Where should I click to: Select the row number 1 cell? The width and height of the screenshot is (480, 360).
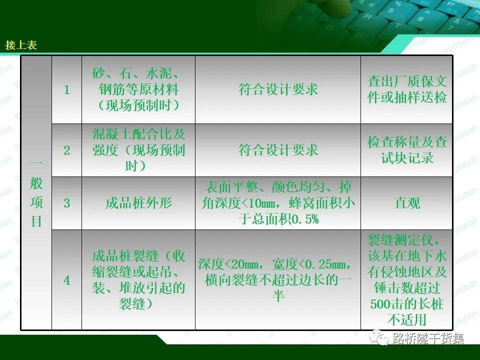point(66,89)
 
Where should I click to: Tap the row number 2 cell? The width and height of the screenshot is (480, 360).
point(66,150)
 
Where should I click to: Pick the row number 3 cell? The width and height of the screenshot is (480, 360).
point(66,203)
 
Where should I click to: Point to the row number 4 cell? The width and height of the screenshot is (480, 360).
point(66,280)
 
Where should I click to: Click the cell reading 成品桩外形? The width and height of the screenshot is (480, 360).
point(138,203)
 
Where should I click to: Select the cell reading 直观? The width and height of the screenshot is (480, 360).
point(407,203)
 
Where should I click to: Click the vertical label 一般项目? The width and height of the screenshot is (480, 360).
point(36,193)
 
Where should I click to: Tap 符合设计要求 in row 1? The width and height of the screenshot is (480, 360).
point(278,89)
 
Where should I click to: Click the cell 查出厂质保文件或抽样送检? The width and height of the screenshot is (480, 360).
point(407,89)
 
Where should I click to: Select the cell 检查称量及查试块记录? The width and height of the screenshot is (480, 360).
point(407,150)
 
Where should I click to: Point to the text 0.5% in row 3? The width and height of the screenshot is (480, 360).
point(304,219)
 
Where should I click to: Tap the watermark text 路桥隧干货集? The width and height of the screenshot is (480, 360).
point(428,338)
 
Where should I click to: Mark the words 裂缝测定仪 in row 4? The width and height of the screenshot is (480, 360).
point(400,240)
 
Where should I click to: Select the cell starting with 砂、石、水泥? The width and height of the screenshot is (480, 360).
point(138,89)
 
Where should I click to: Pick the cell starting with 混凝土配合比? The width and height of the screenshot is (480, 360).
point(138,150)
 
